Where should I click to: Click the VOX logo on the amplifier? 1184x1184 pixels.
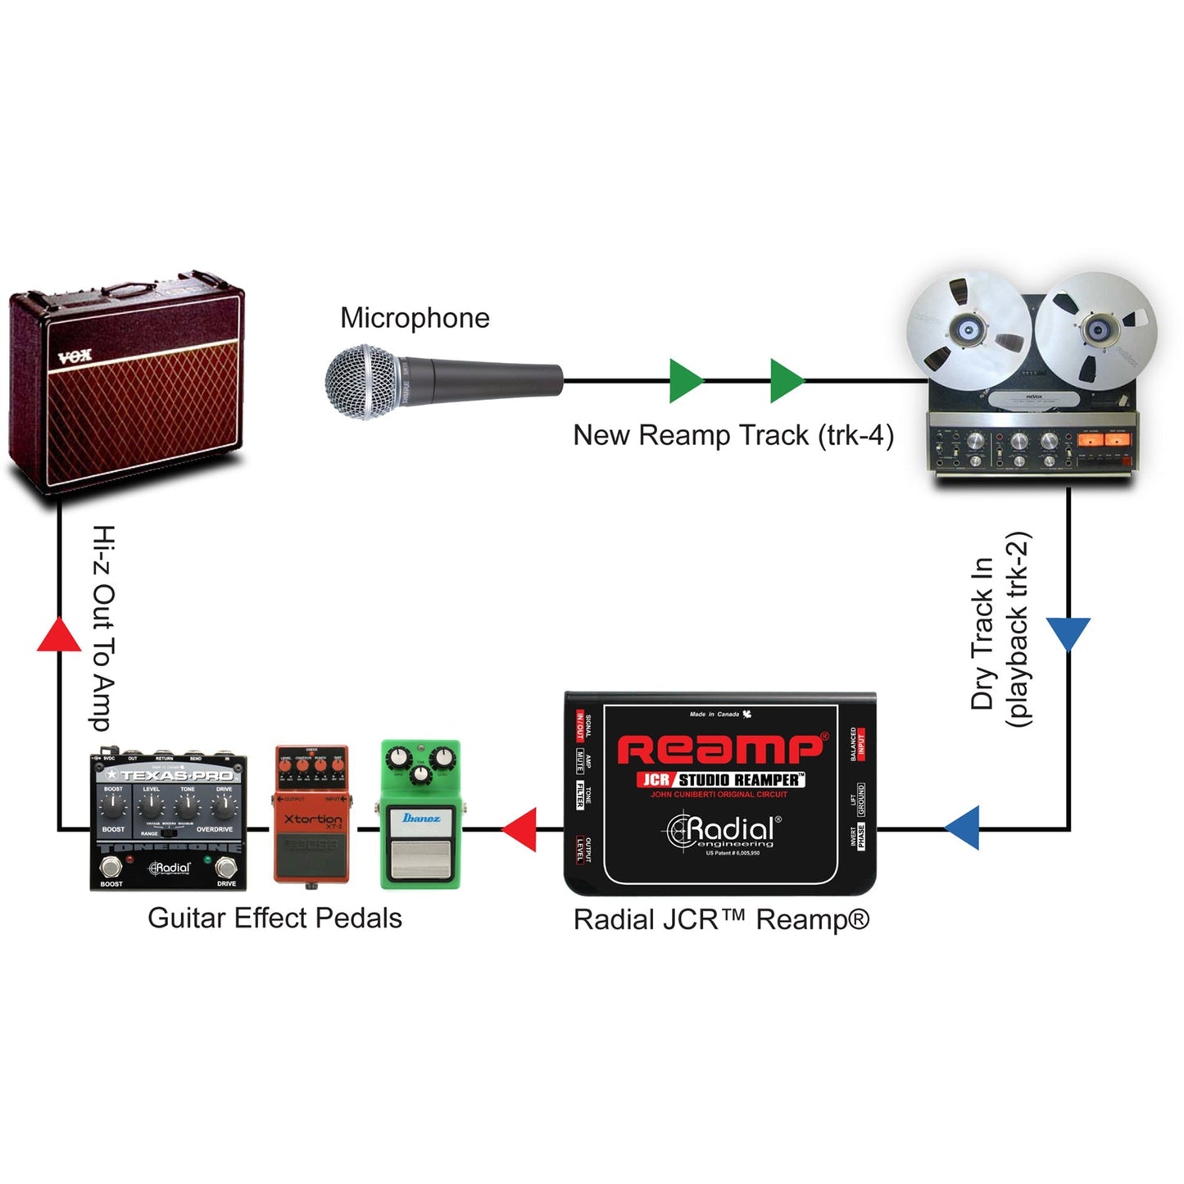click(75, 356)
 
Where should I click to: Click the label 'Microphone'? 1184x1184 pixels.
click(415, 318)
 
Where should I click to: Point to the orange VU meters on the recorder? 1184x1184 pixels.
click(1105, 440)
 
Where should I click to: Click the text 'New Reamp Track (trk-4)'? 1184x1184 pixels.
click(733, 435)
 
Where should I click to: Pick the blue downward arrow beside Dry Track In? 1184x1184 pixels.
click(1068, 633)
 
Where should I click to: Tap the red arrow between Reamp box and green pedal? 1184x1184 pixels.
click(519, 829)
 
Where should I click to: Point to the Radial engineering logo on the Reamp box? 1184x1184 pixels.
click(721, 832)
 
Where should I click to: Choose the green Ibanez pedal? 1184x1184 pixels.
click(421, 815)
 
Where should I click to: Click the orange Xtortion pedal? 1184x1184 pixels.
click(311, 815)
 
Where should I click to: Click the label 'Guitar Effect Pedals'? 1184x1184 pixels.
click(274, 919)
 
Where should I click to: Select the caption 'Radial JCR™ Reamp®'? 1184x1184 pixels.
click(721, 920)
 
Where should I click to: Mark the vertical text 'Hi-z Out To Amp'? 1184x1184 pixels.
click(102, 628)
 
